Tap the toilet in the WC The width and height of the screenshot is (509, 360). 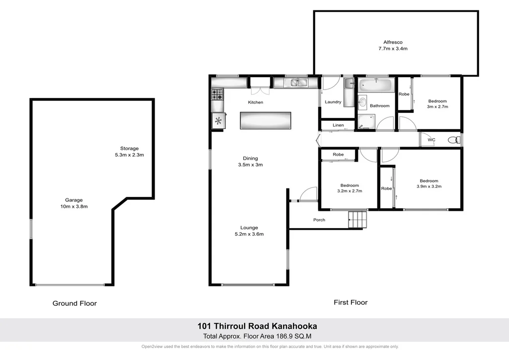(453, 140)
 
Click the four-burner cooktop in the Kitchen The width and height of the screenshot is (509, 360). (217, 92)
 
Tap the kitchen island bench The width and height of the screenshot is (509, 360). (265, 120)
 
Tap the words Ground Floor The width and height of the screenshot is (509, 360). (75, 303)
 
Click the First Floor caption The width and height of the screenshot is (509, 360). (350, 302)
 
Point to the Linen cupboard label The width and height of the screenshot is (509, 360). (338, 125)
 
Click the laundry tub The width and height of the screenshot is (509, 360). (349, 84)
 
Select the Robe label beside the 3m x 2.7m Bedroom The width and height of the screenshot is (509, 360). (404, 94)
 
